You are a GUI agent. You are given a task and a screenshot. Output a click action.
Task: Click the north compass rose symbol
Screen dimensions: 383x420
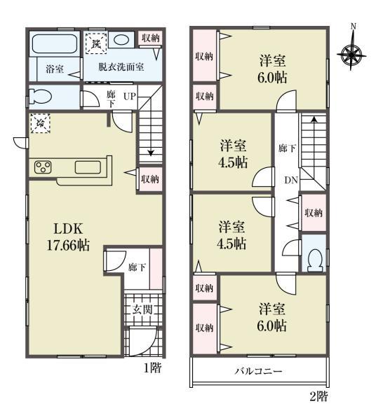(x=351, y=55)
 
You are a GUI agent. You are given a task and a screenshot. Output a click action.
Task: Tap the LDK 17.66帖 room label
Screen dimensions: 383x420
(x=68, y=237)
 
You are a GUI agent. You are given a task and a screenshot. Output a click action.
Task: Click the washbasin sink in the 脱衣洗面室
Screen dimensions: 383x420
(x=121, y=40)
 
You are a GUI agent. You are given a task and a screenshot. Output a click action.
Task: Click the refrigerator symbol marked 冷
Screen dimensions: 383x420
(x=40, y=123)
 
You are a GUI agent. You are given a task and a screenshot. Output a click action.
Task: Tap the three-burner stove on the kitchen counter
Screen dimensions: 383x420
(x=43, y=167)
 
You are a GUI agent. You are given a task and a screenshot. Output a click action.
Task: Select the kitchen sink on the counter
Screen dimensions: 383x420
(x=88, y=167)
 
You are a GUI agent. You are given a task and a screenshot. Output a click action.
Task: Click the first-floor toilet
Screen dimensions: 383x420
(x=40, y=97)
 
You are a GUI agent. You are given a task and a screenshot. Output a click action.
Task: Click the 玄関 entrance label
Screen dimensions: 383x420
(x=142, y=310)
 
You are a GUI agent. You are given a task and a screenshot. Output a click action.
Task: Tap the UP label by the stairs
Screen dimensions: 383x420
(x=130, y=96)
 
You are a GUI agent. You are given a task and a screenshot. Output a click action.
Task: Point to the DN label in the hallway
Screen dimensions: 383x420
(x=291, y=181)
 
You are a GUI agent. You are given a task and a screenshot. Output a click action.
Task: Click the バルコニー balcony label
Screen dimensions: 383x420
(x=258, y=371)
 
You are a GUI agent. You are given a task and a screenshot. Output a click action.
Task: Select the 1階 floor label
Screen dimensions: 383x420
(x=153, y=367)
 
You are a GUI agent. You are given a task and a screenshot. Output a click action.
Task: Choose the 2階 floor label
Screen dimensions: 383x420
(x=318, y=396)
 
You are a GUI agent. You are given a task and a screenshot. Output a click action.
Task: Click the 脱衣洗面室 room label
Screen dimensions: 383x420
(x=121, y=66)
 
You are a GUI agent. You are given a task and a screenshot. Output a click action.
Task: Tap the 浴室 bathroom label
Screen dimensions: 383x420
(x=55, y=69)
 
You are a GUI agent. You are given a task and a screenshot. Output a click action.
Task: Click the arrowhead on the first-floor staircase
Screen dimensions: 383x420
(x=151, y=153)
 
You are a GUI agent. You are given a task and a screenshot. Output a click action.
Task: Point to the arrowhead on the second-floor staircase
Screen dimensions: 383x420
(x=313, y=119)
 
